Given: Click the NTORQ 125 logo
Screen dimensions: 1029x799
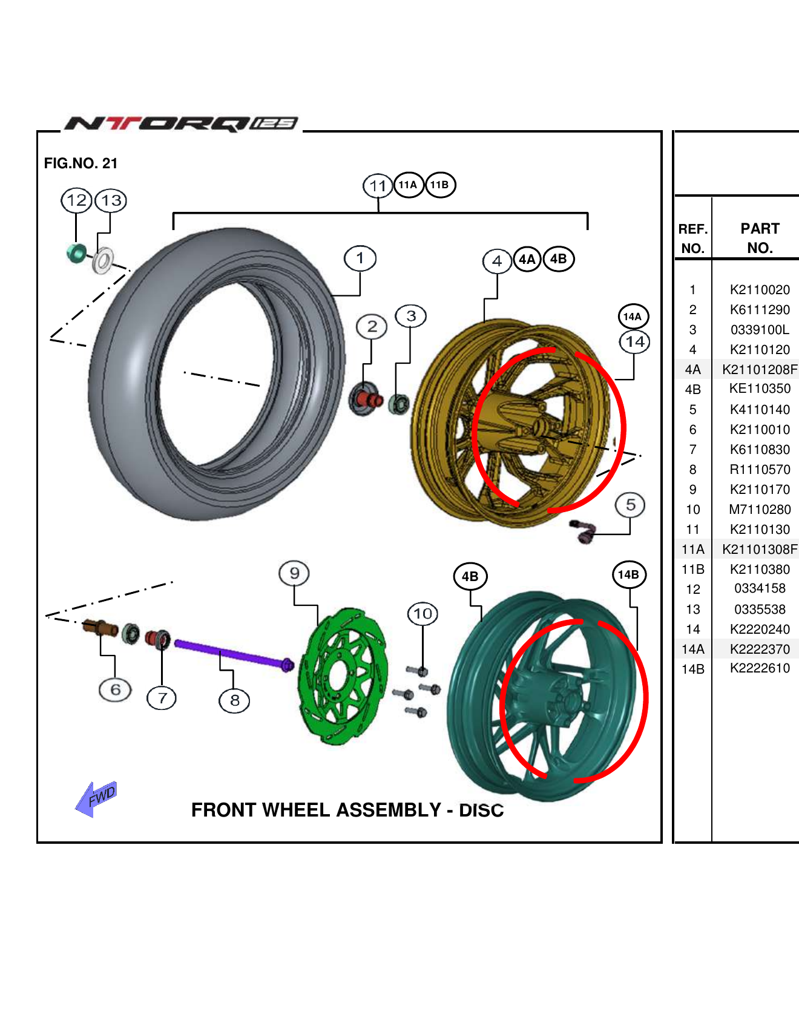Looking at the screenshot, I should pos(182,123).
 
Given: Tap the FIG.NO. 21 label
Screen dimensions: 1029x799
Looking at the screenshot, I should pos(81,163).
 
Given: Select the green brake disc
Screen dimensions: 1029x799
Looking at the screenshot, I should pos(343,676).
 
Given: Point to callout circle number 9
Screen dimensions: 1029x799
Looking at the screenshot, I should pos(294,573).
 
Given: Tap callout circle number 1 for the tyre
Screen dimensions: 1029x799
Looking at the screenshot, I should pos(360,258).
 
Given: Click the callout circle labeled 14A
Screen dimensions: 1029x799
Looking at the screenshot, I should pos(633,317).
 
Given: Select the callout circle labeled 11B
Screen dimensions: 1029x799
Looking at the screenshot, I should pos(439,185).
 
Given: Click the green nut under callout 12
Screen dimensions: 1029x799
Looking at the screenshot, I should pos(77,252).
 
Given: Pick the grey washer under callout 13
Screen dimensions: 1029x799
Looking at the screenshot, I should pos(103,261).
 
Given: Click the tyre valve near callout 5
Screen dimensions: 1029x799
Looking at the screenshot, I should pos(583,531).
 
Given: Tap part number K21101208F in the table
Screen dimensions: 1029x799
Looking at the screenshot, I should pos(760,369).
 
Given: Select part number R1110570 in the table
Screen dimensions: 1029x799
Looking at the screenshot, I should pos(760,470).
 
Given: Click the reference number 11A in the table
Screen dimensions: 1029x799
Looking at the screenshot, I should pos(693,550).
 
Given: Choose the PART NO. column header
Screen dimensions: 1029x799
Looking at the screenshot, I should pos(760,238).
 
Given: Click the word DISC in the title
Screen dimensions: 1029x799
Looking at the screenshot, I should pos(481,810).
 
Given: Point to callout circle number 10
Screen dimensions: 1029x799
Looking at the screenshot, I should pos(423,614).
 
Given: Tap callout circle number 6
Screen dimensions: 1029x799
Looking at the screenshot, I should pos(115,690).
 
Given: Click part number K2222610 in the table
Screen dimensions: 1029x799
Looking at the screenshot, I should pos(760,668).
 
